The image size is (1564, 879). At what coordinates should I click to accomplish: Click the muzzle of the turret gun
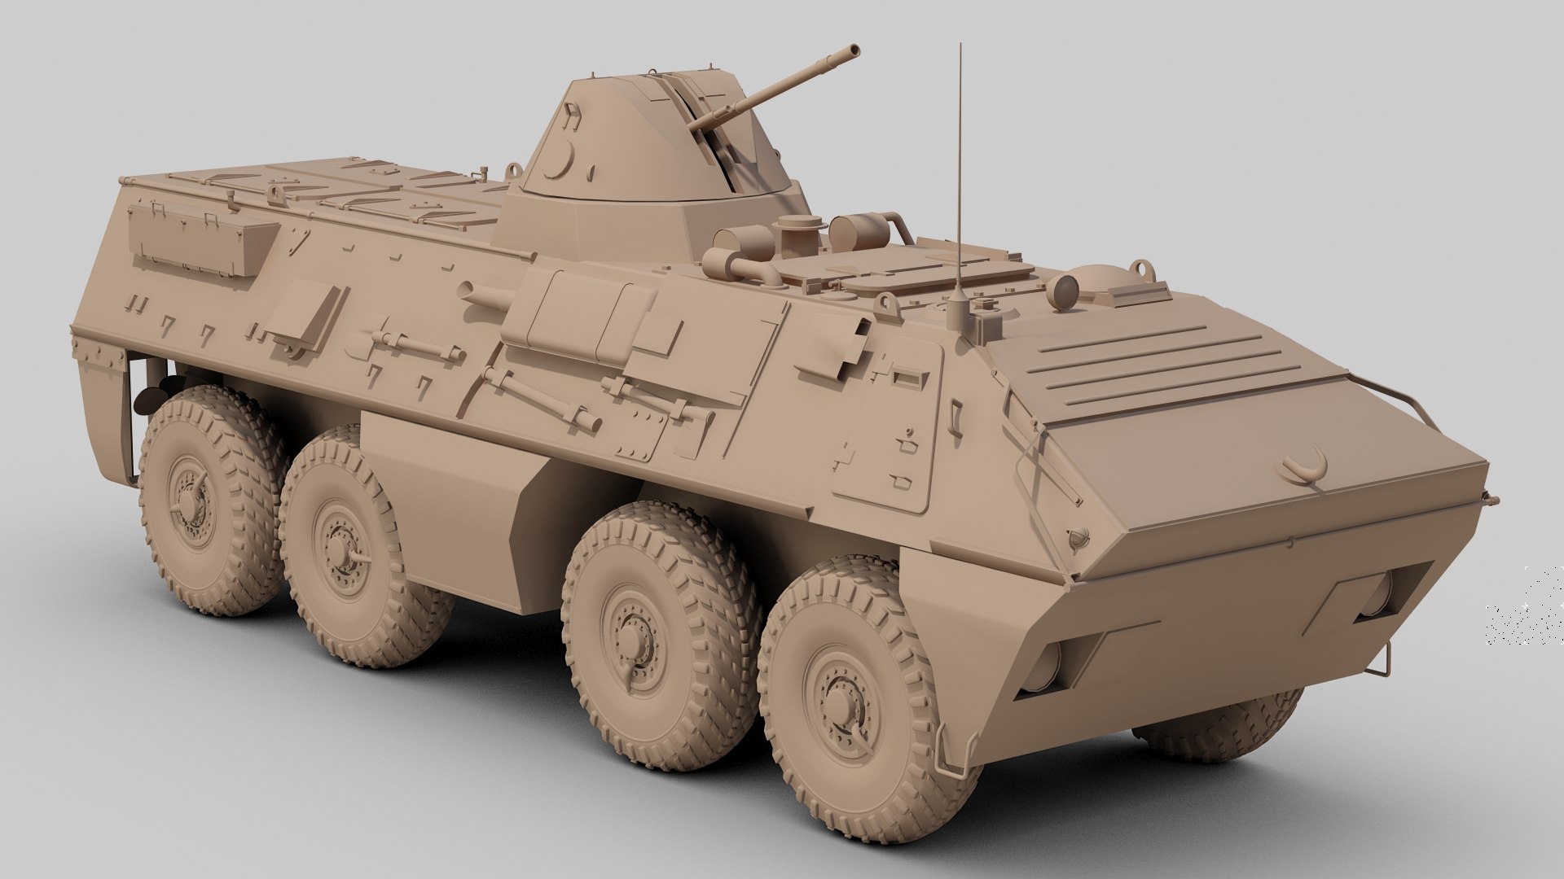(x=853, y=50)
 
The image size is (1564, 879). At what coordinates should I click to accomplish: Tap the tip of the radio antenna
(x=960, y=46)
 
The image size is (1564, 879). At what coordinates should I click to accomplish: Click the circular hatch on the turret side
(x=560, y=159)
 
